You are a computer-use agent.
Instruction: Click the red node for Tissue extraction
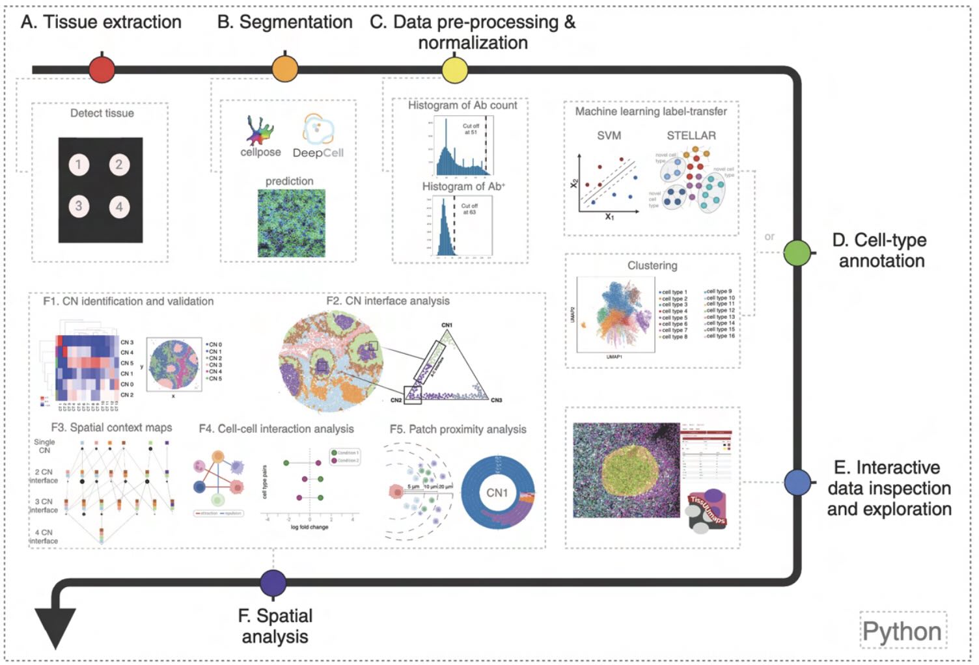coord(102,70)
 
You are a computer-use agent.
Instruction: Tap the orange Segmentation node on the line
coord(284,69)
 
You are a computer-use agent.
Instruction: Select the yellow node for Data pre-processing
coord(454,70)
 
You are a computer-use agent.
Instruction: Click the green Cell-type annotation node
coord(797,252)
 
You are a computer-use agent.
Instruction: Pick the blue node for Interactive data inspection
coord(797,482)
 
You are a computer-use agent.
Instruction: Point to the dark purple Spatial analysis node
coord(273,582)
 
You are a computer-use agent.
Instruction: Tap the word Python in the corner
coord(902,631)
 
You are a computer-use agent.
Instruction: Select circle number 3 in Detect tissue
coord(79,206)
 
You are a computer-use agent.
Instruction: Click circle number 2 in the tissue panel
coord(119,164)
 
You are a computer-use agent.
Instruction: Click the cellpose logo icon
coord(260,130)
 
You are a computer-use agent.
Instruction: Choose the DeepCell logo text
coord(318,153)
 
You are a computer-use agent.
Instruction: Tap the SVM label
coord(609,135)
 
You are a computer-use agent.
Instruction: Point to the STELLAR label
coord(691,135)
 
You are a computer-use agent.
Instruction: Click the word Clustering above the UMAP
coord(652,265)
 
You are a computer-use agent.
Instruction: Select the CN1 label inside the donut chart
coord(497,493)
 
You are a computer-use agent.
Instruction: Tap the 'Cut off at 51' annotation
coord(471,129)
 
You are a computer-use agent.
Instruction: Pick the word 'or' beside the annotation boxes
coord(769,237)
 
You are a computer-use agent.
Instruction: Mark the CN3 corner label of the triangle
coord(496,400)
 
